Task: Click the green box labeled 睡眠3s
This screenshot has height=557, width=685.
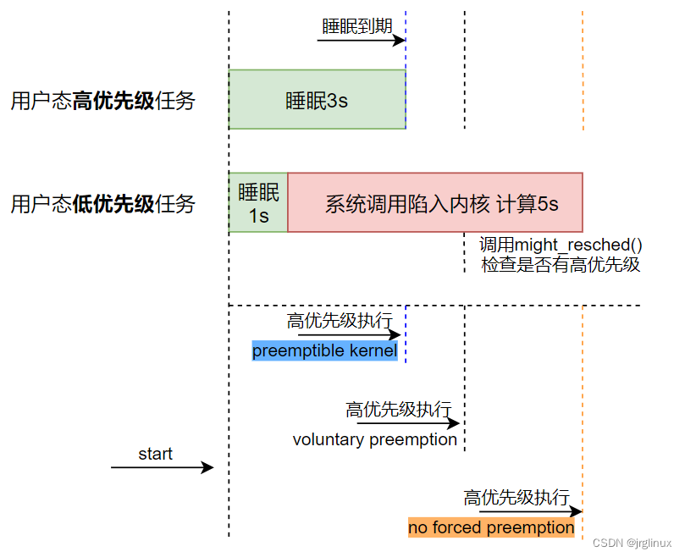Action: pos(317,100)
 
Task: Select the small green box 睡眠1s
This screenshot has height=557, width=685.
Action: pos(258,203)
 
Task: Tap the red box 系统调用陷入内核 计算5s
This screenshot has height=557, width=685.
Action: pos(435,203)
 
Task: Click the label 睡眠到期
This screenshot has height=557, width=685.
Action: pos(357,25)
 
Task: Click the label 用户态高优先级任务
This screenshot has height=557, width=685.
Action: pos(102,102)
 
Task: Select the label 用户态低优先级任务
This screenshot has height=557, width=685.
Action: pos(102,204)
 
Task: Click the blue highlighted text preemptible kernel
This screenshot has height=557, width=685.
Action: pos(324,350)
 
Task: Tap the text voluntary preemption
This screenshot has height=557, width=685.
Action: pos(375,439)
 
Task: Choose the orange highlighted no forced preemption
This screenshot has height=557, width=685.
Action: pos(491,527)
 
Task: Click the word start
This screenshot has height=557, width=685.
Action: pos(155,455)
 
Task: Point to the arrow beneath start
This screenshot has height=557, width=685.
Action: pos(162,467)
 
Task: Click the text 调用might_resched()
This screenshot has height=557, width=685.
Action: pos(561,245)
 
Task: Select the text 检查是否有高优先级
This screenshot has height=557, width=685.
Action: pos(561,265)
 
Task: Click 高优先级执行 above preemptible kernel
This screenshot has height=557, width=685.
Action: pos(340,321)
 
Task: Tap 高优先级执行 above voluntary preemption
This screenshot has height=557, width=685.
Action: pos(398,410)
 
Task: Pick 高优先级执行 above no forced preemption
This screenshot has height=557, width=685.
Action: pos(517,498)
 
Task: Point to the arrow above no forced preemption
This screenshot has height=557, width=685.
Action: pos(530,511)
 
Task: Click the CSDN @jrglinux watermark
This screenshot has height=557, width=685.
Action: pos(632,543)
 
